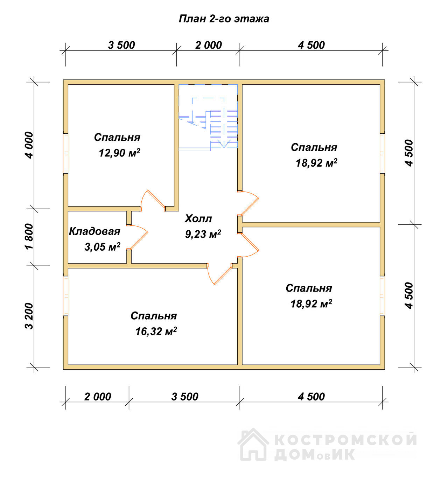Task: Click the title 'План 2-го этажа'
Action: (224, 19)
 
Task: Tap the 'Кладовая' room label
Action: (95, 231)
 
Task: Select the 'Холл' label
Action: (198, 219)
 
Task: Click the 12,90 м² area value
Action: (119, 153)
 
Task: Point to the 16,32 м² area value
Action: (156, 331)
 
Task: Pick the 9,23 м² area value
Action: (203, 234)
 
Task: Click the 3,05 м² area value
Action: (102, 247)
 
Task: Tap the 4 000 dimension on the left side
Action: (29, 145)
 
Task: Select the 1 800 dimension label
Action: (29, 237)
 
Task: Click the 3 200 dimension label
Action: (29, 316)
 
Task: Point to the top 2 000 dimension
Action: (208, 45)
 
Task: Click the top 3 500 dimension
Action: (121, 45)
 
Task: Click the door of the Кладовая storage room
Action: (138, 237)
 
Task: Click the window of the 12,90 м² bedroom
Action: (66, 153)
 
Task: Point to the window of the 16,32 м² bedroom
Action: (66, 296)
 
